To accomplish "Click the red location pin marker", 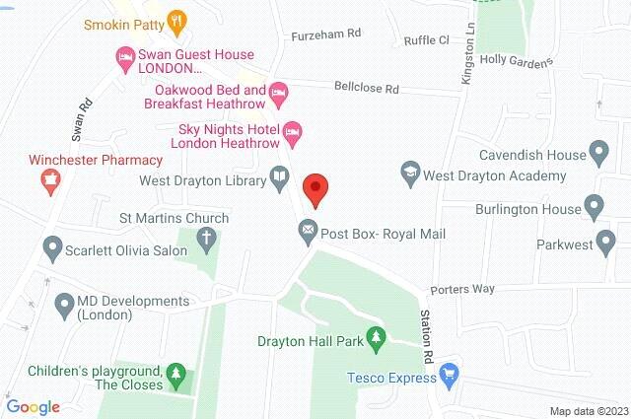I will coord(315,188).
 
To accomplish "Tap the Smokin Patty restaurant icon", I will coord(176,20).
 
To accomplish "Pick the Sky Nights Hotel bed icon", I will coord(292,132).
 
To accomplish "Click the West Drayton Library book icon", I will coord(281,178).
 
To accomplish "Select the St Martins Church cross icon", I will coord(206,237).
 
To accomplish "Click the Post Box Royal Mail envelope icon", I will coord(308,234).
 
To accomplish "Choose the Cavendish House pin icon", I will coord(596,153).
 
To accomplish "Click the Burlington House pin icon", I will coord(593,207).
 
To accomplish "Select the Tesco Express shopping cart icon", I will coord(451,374).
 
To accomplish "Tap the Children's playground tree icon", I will coord(175,374).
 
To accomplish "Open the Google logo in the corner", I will coord(33,406).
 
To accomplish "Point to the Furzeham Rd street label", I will coord(326,34).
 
